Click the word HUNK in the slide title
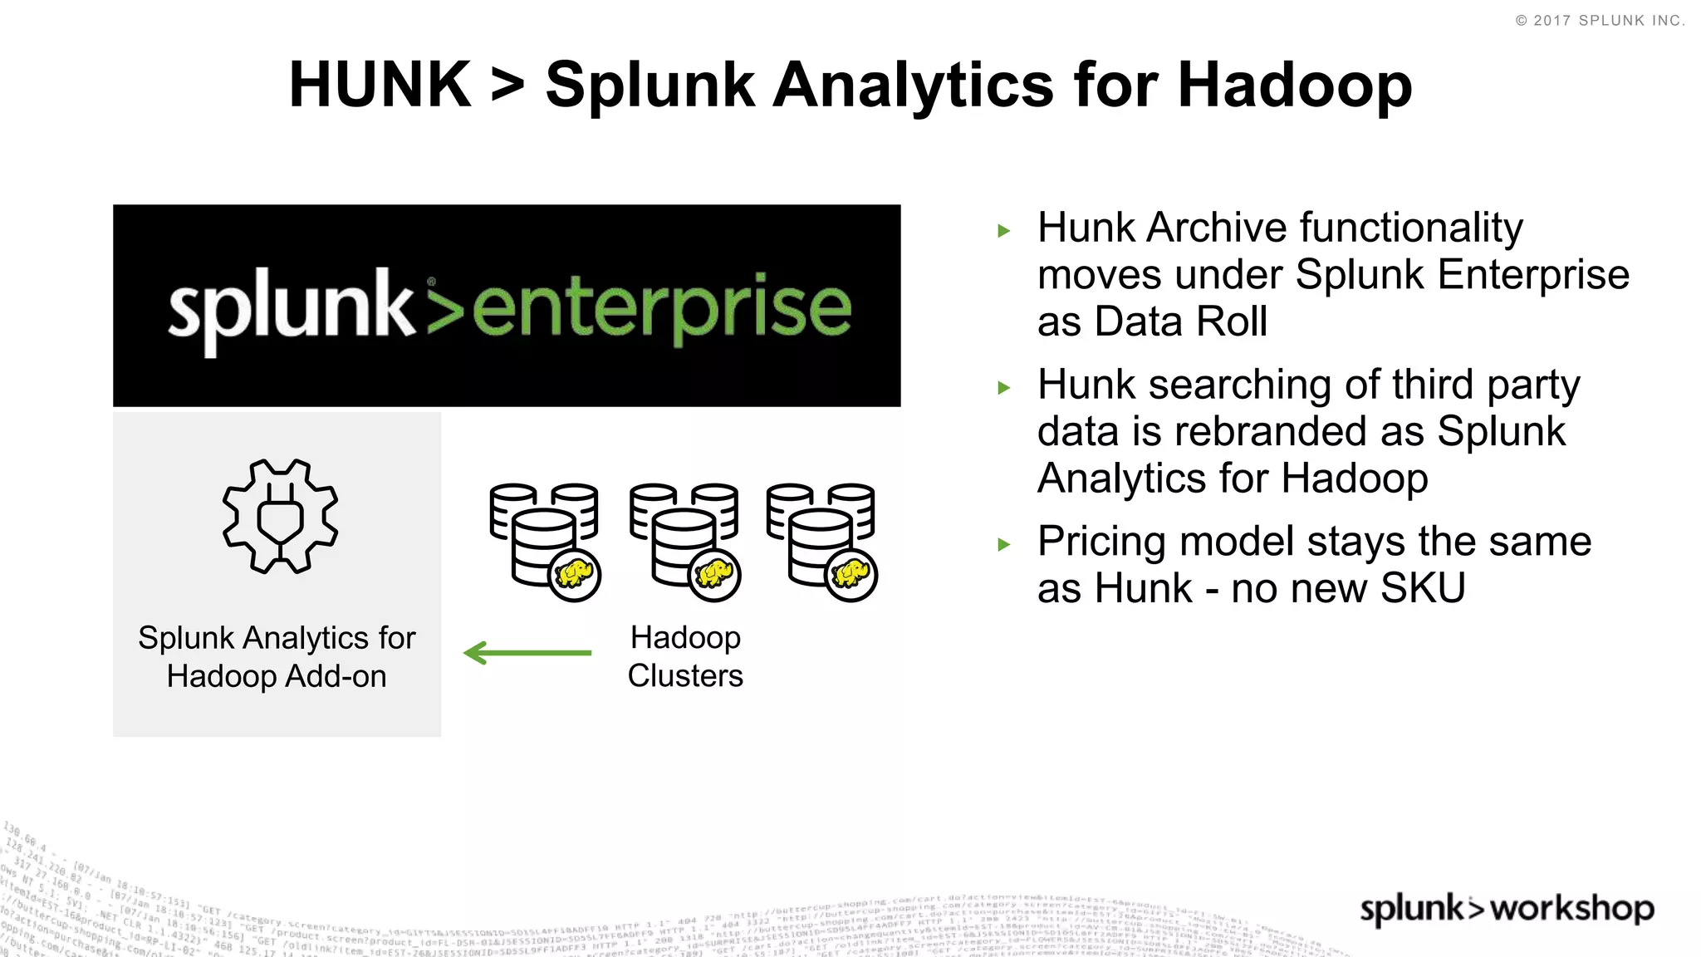coord(380,85)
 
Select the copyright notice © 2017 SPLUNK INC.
coord(1600,21)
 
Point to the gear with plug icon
coord(280,516)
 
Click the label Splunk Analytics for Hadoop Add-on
coord(277,657)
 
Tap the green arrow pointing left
coord(527,653)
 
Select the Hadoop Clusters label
coord(685,656)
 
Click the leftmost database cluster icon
coord(544,540)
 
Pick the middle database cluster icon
coord(684,540)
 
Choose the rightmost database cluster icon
coord(821,540)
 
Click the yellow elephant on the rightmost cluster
coord(851,574)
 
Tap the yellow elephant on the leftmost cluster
coord(575,574)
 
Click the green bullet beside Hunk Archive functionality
coord(1004,231)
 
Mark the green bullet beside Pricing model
coord(1004,545)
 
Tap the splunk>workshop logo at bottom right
coord(1507,909)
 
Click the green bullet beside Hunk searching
coord(1004,388)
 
